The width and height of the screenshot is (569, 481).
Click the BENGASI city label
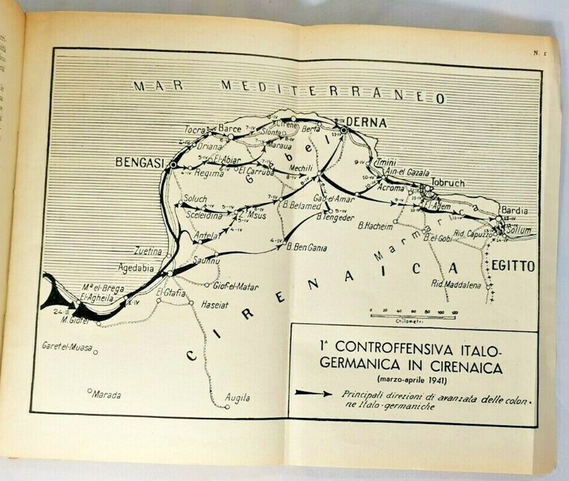click(x=140, y=162)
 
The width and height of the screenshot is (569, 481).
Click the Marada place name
click(x=106, y=395)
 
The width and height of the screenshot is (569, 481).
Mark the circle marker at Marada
click(x=89, y=391)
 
